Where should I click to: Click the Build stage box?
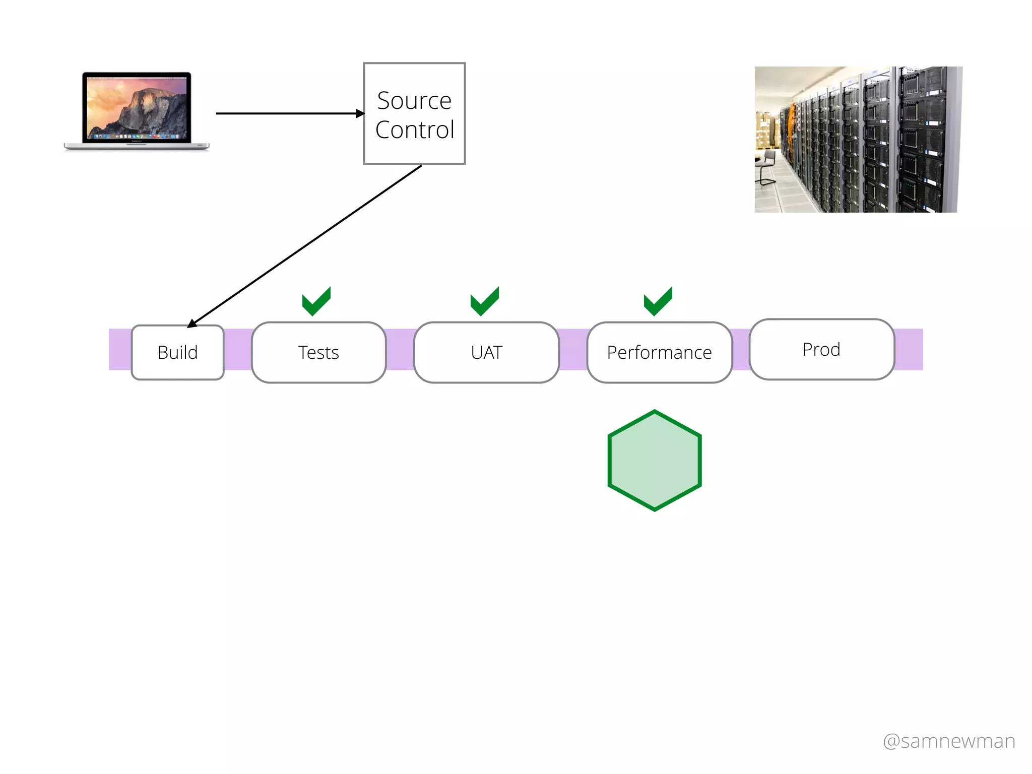click(177, 352)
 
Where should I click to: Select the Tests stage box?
click(318, 352)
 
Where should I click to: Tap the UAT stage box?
click(486, 352)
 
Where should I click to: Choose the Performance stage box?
click(659, 352)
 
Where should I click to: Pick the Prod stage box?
click(821, 349)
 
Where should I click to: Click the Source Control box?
click(414, 114)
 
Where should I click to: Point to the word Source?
click(414, 100)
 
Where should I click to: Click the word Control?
click(414, 130)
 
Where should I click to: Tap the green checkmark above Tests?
click(316, 302)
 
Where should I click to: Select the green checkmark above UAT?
click(484, 302)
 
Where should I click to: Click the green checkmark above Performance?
click(658, 302)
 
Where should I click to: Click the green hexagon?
click(655, 461)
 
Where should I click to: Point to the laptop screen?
click(137, 107)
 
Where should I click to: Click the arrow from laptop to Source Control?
click(287, 113)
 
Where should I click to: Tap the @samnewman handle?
click(949, 741)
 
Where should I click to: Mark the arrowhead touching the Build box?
click(192, 324)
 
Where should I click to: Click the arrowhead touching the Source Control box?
click(360, 113)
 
